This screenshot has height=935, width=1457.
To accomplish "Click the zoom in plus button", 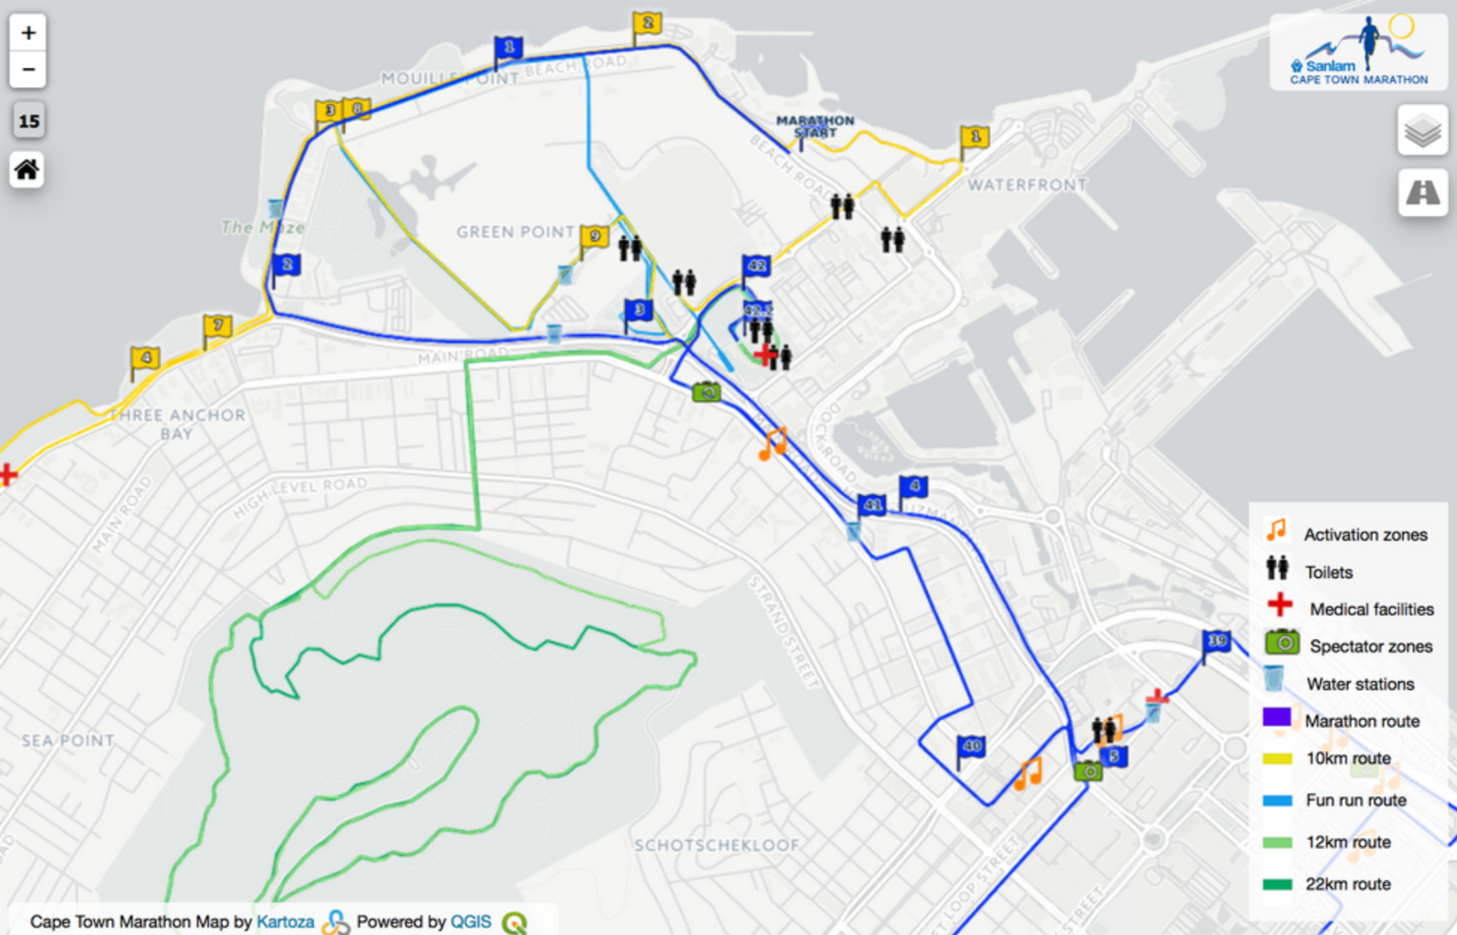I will pos(28,33).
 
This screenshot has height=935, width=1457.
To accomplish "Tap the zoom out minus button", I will pos(28,70).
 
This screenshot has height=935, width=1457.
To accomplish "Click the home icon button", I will pos(27,169).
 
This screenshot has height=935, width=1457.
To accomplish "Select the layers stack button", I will pos(1422,131).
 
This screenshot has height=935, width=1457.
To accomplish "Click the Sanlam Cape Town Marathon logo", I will pos(1359,52).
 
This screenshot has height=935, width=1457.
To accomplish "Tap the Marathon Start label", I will pos(815,127).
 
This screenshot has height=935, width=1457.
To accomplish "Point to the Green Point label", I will pos(515,232).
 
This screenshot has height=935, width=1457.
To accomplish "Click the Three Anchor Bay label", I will pos(177,424).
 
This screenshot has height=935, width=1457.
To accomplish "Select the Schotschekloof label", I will pos(716,845).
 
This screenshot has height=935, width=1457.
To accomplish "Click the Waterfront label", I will pos(1027,185).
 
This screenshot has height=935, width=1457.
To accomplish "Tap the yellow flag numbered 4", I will pos(145,358).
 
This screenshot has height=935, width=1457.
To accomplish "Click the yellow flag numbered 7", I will pos(217,326).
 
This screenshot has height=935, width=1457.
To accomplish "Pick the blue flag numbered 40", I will pos(971,746).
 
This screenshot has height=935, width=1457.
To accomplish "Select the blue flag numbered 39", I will pos(1217,642).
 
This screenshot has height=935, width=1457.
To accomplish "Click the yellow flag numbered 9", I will pos(595,235).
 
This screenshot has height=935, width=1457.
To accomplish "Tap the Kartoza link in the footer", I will pos(285,921).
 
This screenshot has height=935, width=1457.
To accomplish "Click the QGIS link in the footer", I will pos(470,921).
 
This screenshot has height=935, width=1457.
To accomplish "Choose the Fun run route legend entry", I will pos(1355,800).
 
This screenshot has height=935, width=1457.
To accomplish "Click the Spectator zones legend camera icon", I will pos(1281,644).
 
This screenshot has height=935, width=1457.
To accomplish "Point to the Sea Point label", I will pos(68,740).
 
